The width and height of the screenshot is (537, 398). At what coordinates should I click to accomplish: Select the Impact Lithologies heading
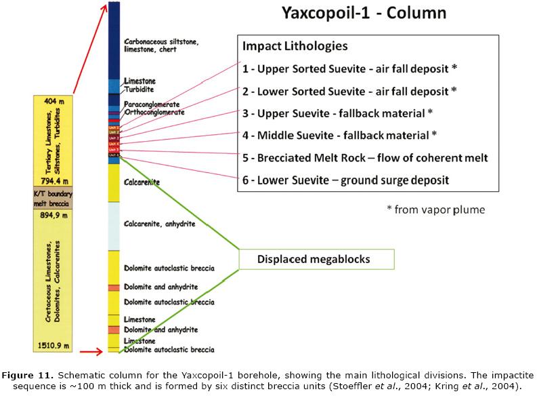click(x=295, y=47)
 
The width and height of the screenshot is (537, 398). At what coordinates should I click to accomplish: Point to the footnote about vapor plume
click(x=435, y=209)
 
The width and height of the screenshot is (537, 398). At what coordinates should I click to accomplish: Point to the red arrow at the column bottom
click(x=89, y=352)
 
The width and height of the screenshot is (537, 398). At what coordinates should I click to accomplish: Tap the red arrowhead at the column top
click(x=104, y=6)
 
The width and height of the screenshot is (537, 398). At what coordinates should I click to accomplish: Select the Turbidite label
click(x=139, y=89)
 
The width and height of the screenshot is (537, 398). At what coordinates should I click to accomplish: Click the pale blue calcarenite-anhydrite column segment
click(x=114, y=226)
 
